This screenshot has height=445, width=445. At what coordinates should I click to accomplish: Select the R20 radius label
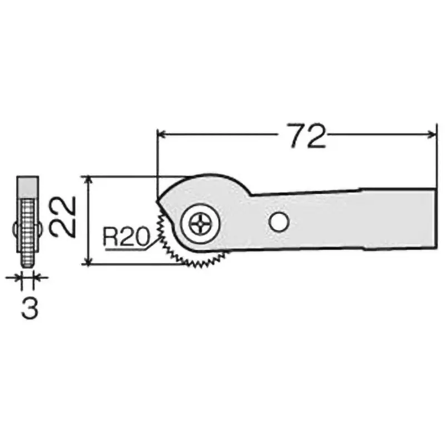(x=126, y=238)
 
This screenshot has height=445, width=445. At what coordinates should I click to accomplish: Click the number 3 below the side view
(x=29, y=308)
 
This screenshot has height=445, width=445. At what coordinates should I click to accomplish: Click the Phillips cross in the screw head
(x=199, y=224)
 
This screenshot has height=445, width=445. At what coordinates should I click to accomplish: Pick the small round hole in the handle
(x=278, y=222)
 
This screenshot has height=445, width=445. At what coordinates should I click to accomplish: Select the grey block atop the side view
(x=28, y=185)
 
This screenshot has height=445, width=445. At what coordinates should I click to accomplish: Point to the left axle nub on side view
(x=15, y=229)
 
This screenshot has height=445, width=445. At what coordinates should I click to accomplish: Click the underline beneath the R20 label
(x=125, y=249)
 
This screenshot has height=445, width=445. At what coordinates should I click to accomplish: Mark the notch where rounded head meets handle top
(x=251, y=194)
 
